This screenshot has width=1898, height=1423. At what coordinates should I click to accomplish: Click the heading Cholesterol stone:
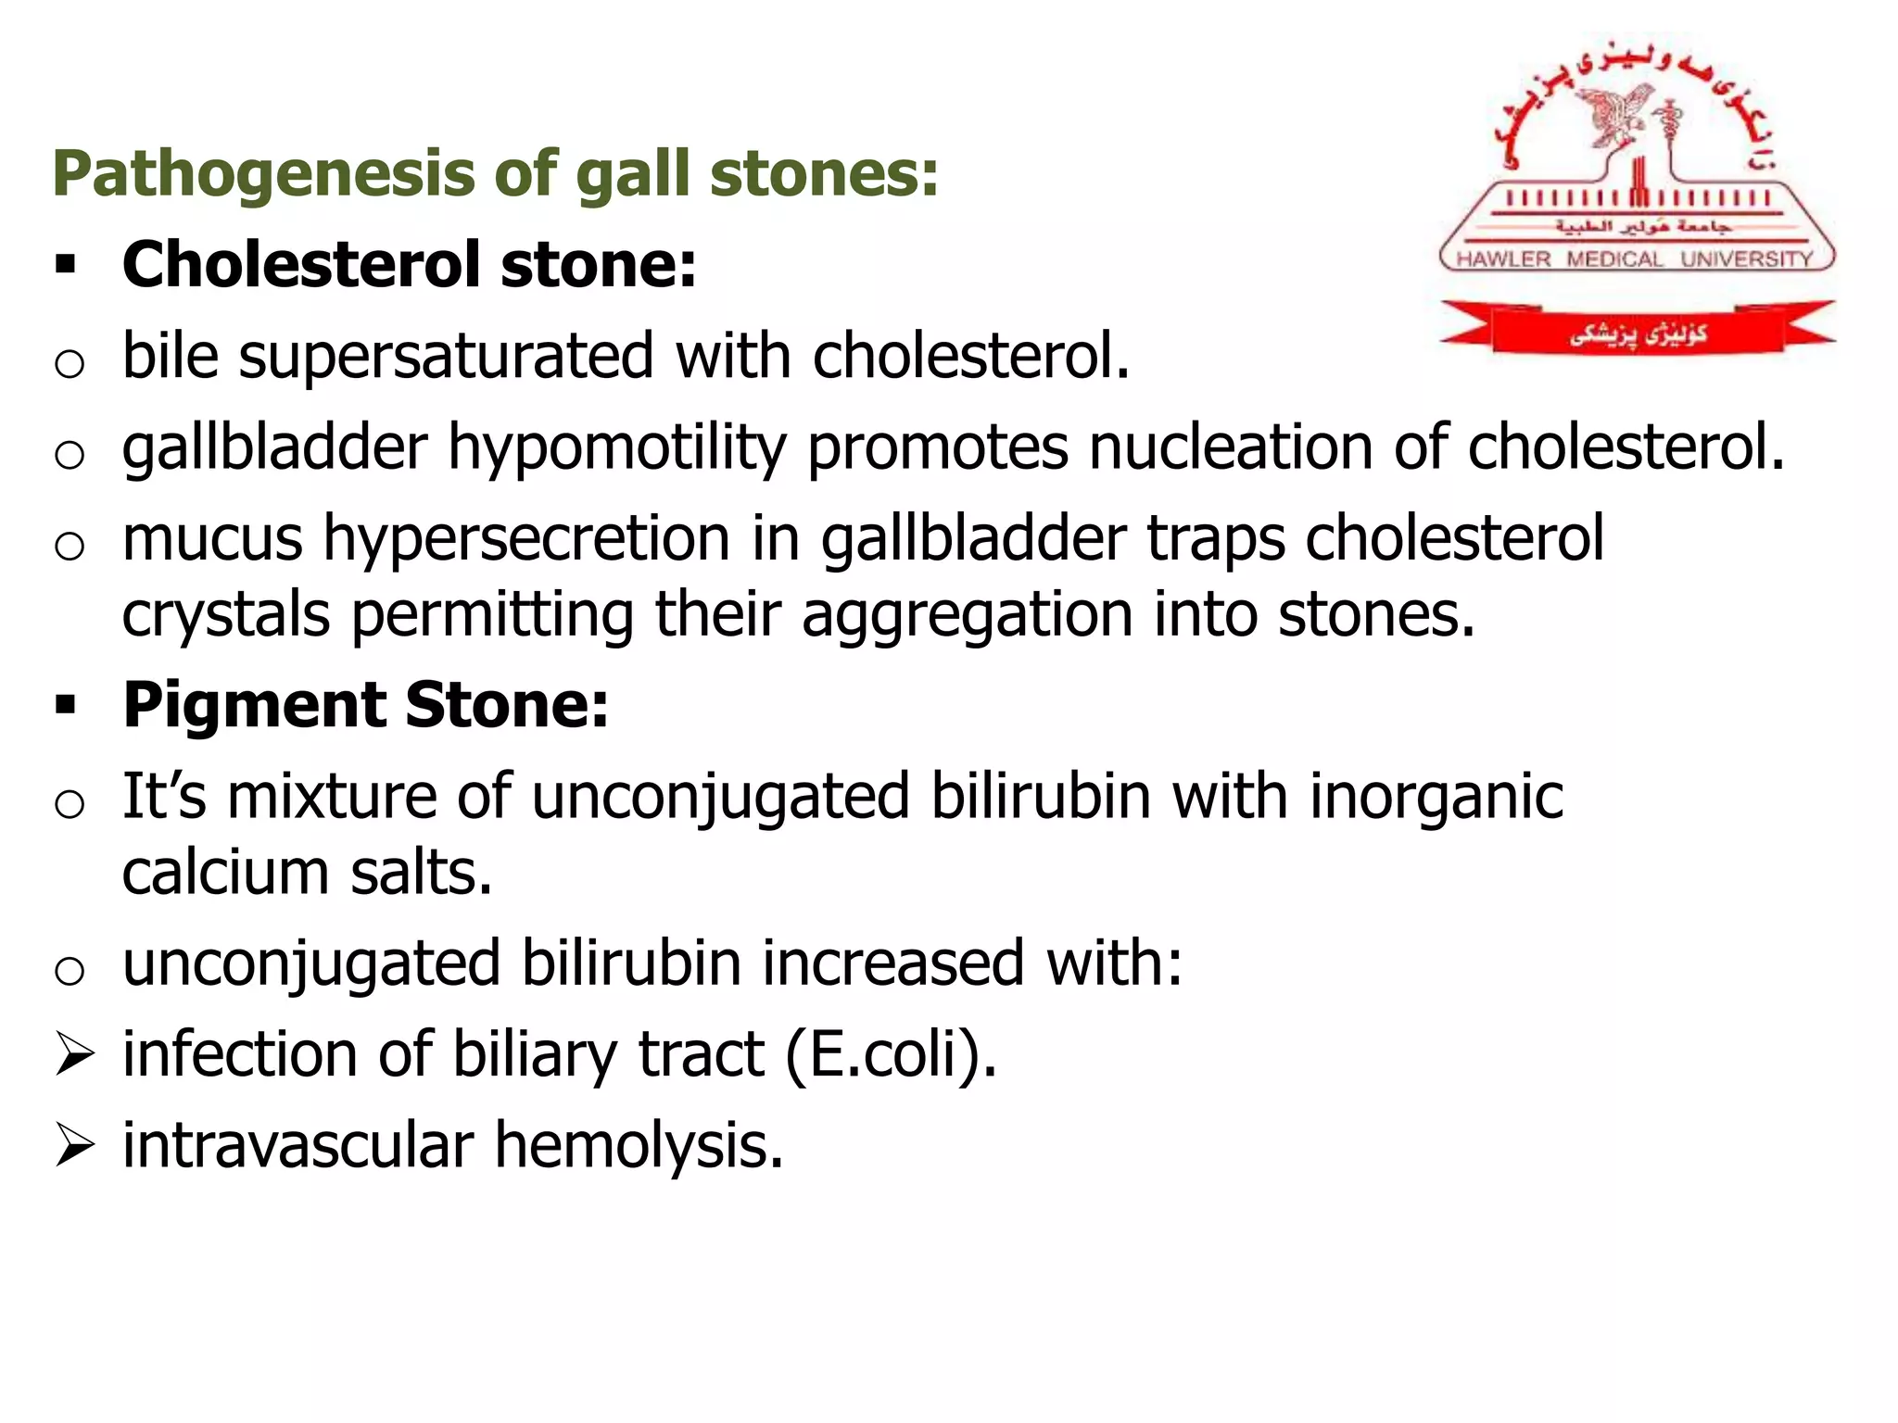click(x=409, y=265)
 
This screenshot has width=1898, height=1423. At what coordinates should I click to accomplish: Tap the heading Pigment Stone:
click(x=366, y=705)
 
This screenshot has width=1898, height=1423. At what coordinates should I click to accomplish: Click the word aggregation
click(x=967, y=615)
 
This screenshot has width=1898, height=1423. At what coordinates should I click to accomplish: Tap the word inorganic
click(x=1436, y=797)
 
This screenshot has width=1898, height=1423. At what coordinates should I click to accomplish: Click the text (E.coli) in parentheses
click(x=890, y=1054)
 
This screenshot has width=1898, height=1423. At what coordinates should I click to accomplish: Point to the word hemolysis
click(x=639, y=1145)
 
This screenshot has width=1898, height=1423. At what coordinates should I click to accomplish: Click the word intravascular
click(x=297, y=1145)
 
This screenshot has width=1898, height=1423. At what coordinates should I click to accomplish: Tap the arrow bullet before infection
click(x=74, y=1055)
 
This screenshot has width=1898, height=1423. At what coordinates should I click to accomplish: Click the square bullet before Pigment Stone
click(x=65, y=706)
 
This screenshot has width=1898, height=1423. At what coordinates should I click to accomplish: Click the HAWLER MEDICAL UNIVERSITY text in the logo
click(x=1635, y=258)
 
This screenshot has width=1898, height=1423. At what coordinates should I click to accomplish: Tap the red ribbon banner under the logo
click(x=1637, y=330)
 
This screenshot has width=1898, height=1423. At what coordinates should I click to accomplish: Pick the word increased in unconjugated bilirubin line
click(x=892, y=963)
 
